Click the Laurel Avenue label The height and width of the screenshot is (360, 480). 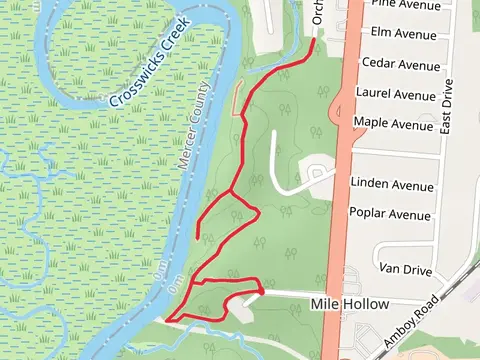(396, 94)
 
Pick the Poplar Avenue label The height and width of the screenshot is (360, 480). (390, 214)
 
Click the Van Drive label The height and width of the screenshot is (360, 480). (404, 269)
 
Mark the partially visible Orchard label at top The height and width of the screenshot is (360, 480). (319, 12)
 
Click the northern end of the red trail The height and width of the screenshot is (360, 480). (317, 40)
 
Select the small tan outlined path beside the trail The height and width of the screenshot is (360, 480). (237, 97)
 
